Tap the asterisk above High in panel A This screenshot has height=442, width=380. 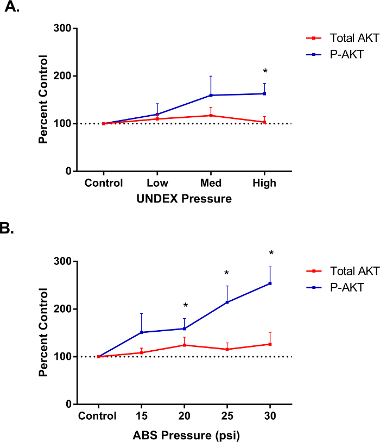pyautogui.click(x=265, y=72)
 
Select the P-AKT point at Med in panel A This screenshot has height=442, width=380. pyautogui.click(x=211, y=95)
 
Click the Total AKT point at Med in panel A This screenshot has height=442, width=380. pyautogui.click(x=211, y=115)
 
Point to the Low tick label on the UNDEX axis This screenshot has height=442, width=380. pyautogui.click(x=157, y=183)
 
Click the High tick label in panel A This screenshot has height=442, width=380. pyautogui.click(x=264, y=183)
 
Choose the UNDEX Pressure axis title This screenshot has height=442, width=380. pyautogui.click(x=184, y=199)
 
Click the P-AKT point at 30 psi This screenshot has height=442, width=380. pyautogui.click(x=270, y=283)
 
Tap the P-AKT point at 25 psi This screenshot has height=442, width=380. pyautogui.click(x=227, y=302)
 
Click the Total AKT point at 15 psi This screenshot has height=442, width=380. pyautogui.click(x=142, y=352)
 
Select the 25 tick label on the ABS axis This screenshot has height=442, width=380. pyautogui.click(x=227, y=416)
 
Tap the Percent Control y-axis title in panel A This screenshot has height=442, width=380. pyautogui.click(x=43, y=100)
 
